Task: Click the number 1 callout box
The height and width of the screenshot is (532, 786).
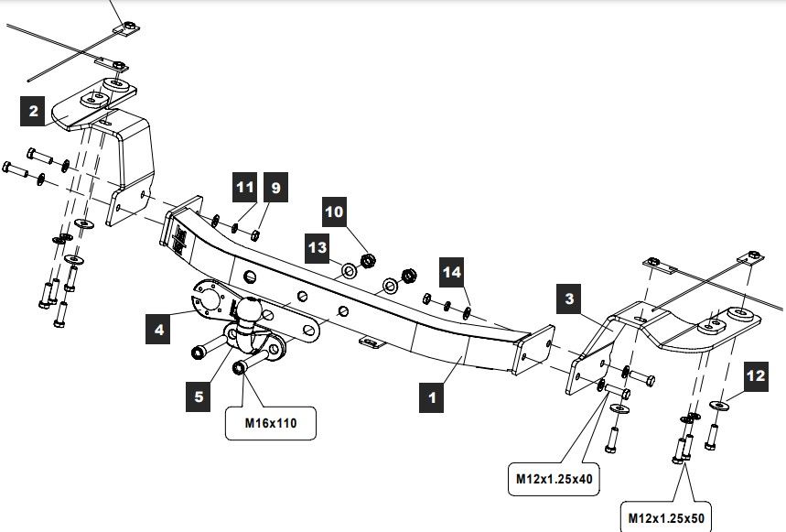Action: [433, 397]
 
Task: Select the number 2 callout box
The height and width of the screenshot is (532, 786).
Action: [34, 112]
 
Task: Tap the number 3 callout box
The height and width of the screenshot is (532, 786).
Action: [570, 299]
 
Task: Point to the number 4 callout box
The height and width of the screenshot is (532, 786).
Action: [160, 329]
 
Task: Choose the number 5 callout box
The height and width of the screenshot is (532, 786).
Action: [199, 396]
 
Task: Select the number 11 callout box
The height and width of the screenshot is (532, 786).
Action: [243, 189]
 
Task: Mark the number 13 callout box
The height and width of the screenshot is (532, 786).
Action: [318, 246]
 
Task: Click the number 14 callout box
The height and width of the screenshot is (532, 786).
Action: [452, 272]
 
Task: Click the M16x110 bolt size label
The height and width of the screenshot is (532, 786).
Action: [271, 424]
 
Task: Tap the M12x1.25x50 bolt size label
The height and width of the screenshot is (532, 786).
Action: [667, 516]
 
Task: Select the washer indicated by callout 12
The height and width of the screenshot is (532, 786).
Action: [719, 405]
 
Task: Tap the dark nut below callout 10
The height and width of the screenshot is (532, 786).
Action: [369, 261]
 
